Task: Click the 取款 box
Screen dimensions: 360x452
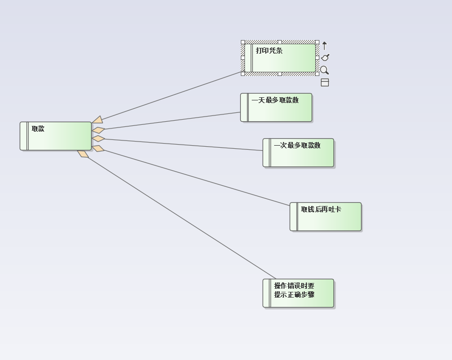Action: [x=56, y=136]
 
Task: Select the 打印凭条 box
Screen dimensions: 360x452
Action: [x=281, y=58]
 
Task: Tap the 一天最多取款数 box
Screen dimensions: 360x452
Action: [x=276, y=108]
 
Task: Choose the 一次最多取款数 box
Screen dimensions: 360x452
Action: [x=299, y=153]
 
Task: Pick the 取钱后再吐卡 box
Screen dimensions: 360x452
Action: [x=326, y=217]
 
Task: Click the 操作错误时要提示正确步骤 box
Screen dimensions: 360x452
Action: [x=299, y=293]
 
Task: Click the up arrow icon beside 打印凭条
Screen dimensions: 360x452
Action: [x=325, y=46]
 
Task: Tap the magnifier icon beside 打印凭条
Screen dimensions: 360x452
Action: [x=325, y=70]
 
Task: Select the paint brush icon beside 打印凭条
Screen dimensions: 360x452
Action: [x=325, y=58]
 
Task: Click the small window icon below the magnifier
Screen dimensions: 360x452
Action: [x=325, y=82]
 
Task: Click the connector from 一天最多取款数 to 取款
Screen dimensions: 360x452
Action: [x=172, y=121]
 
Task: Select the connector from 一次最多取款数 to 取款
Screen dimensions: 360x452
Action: [x=182, y=145]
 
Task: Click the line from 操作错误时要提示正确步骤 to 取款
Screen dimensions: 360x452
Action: [x=182, y=218]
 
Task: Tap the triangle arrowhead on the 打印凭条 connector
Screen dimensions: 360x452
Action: [x=98, y=120]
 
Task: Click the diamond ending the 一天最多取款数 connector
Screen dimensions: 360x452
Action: [x=98, y=130]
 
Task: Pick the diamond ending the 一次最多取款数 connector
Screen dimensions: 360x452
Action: [x=98, y=139]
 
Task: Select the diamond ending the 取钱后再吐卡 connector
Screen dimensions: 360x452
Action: [x=98, y=149]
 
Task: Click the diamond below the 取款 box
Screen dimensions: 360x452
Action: [x=83, y=154]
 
